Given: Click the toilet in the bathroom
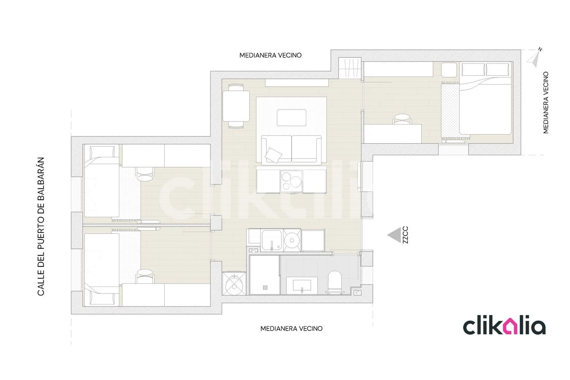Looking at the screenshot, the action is click(x=335, y=282).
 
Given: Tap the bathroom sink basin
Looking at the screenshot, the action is click(x=302, y=285).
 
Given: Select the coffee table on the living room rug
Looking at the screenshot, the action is click(x=291, y=117).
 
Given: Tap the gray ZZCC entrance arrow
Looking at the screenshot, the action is click(x=394, y=235).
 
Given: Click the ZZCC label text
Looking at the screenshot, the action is click(x=405, y=235).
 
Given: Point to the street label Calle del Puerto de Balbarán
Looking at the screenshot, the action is click(x=41, y=226).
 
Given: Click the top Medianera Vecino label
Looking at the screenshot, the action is click(x=271, y=55).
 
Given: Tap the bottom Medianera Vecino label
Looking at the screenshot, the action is click(x=291, y=329).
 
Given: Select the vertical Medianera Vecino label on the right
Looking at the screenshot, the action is click(x=546, y=102).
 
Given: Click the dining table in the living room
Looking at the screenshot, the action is click(x=236, y=106).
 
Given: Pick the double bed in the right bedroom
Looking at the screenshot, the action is click(x=486, y=98).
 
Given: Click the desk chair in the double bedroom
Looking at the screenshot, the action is click(x=402, y=119).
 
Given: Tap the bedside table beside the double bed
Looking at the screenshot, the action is click(x=449, y=70).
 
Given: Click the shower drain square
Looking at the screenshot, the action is click(x=265, y=288).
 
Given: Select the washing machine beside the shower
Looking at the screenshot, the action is click(x=234, y=283).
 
